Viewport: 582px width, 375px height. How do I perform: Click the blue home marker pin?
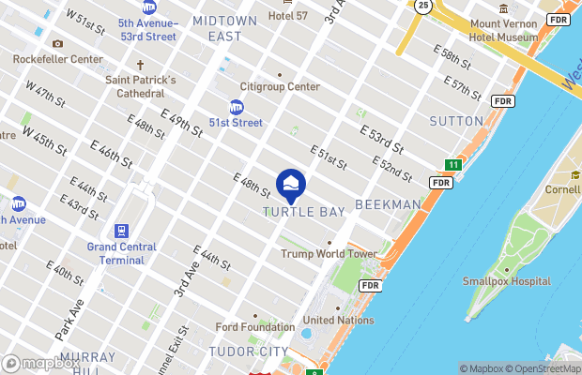pyautogui.click(x=291, y=185)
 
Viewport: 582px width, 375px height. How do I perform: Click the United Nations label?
pyautogui.click(x=338, y=320)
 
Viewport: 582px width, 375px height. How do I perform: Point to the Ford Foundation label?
pyautogui.click(x=254, y=327)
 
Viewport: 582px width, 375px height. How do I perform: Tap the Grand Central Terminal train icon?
pyautogui.click(x=121, y=231)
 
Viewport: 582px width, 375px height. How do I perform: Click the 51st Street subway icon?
pyautogui.click(x=236, y=108)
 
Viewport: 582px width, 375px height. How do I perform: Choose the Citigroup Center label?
pyautogui.click(x=280, y=87)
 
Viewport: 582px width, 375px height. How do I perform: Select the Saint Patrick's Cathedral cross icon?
pyautogui.click(x=141, y=66)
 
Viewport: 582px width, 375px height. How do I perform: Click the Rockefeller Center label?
pyautogui.click(x=58, y=58)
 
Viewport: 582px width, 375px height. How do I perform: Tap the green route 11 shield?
pyautogui.click(x=453, y=165)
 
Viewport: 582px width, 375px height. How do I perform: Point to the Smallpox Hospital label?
pyautogui.click(x=506, y=281)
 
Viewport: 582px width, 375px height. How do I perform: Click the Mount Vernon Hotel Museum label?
pyautogui.click(x=503, y=29)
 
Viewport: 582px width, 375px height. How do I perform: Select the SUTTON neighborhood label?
pyautogui.click(x=455, y=121)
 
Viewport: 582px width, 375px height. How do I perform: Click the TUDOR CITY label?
pyautogui.click(x=250, y=352)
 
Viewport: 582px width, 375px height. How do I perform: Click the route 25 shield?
pyautogui.click(x=423, y=6)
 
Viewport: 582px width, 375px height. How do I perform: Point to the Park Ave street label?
pyautogui.click(x=69, y=319)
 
